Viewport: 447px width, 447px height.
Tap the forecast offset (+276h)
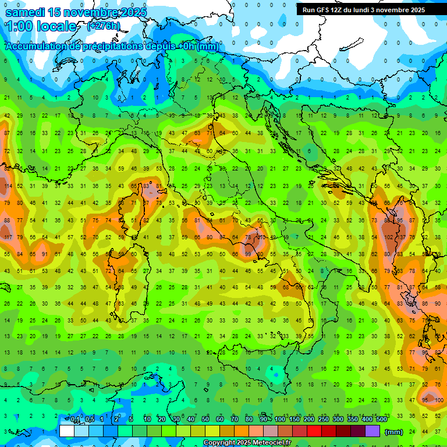coord(104,26)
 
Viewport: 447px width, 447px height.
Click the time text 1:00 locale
coord(41,26)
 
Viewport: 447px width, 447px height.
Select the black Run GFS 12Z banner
coord(363,10)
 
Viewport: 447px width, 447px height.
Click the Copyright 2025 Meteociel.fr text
coord(247,443)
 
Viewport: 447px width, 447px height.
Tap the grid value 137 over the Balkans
coord(400,237)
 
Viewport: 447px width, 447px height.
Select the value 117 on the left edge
coord(7,237)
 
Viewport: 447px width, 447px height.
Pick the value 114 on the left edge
coord(7,186)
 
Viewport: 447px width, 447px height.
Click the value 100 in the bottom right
coord(438,400)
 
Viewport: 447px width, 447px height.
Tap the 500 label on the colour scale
coord(381,420)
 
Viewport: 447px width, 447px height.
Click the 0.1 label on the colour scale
coord(75,420)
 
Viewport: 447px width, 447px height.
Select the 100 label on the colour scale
coord(280,420)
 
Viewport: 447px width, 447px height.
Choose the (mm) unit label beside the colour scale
coord(394,432)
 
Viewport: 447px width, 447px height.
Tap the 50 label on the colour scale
coord(205,420)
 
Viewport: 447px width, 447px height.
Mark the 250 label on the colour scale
coord(324,420)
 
